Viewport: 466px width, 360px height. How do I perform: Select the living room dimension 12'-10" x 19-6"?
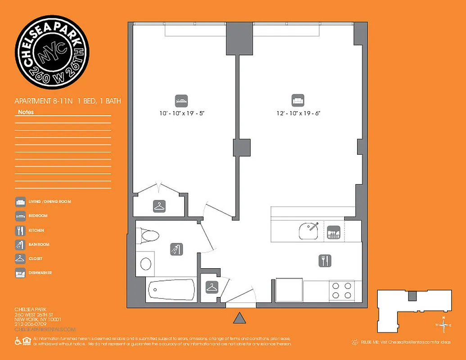(x=299, y=114)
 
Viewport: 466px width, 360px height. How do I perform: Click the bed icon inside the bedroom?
(x=181, y=100)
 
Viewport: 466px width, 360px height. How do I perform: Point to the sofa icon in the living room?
(x=298, y=100)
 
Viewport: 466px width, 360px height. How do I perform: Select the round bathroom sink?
(x=146, y=264)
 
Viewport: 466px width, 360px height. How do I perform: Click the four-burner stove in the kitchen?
(x=341, y=290)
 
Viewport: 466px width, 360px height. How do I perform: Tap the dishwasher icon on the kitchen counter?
(x=333, y=232)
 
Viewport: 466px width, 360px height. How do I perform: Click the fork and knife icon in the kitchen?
(x=325, y=260)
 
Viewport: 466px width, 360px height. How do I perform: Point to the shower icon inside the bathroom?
(x=176, y=249)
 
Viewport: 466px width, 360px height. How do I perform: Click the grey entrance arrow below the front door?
(x=240, y=318)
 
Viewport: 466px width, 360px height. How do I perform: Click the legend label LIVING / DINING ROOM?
(x=50, y=202)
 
